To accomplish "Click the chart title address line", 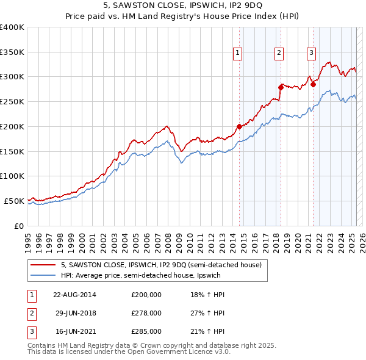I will [x=183, y=7].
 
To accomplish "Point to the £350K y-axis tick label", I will [x=12, y=52].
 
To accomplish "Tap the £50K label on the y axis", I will [x=14, y=201].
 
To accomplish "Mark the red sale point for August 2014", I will [x=239, y=127].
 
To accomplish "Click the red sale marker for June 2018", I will [x=281, y=88].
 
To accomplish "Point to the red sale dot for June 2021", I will [x=313, y=84].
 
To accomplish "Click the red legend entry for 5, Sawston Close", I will [x=161, y=265].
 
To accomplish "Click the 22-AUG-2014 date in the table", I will [x=74, y=295].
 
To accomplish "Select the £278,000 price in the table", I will [x=146, y=313].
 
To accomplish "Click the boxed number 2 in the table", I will [x=30, y=313].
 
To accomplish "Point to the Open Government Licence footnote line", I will [x=129, y=352].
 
